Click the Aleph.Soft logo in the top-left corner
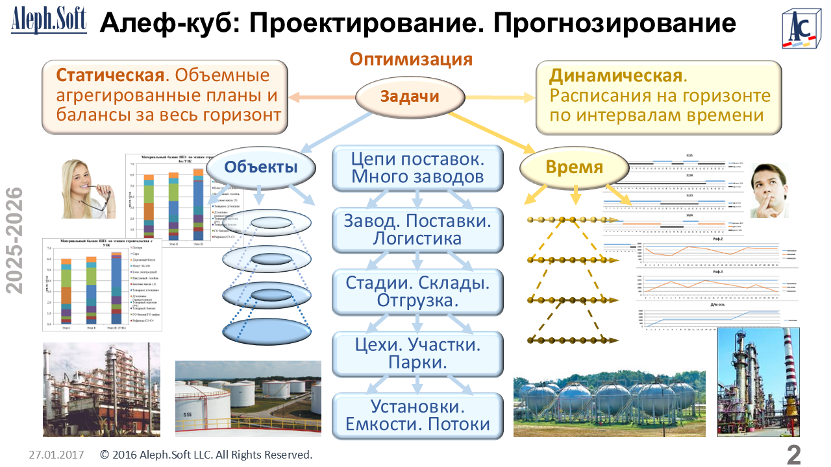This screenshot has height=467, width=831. pos(49,21)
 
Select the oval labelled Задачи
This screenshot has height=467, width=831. pos(410,97)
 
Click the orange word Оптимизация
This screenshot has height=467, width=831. pos(410,60)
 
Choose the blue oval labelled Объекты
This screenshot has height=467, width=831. pos(261,167)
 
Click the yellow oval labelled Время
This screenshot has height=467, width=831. pos(575,167)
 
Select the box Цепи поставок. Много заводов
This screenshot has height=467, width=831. pos(417,167)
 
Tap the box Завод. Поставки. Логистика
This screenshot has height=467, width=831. pos(417,230)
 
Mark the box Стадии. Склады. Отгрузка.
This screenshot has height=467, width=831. pos(417,292)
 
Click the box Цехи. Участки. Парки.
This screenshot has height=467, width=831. pos(417,353)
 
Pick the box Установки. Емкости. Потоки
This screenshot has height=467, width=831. pos(417,416)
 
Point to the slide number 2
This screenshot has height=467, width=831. pos(793,455)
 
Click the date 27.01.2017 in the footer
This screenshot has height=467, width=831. pos(56,455)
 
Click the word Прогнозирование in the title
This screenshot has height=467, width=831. pos(614,23)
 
